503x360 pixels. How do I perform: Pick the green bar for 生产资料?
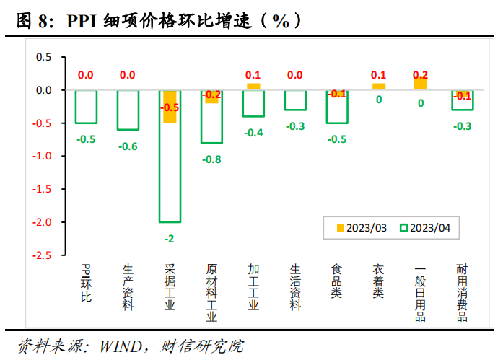(128, 110)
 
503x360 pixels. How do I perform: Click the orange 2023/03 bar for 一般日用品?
(421, 84)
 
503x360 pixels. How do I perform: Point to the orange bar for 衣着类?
(379, 87)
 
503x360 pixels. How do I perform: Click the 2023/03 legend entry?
(362, 228)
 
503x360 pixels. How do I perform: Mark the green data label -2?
(170, 238)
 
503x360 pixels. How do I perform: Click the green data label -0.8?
(211, 159)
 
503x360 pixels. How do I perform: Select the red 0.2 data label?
(420, 75)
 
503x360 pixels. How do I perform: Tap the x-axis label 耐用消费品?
(462, 292)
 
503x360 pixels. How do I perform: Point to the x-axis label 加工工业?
(253, 286)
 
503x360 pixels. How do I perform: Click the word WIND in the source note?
(115, 346)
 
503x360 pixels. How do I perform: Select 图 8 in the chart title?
(34, 21)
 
